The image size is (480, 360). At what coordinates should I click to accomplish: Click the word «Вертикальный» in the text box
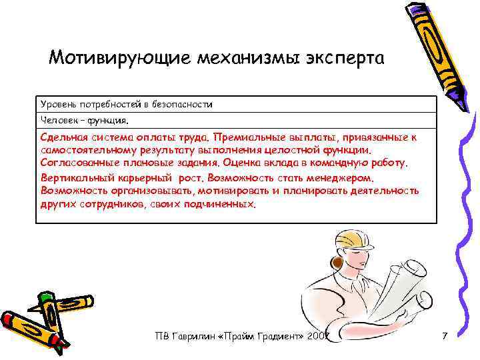point(71,179)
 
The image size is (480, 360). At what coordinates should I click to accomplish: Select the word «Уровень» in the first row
point(57,105)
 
